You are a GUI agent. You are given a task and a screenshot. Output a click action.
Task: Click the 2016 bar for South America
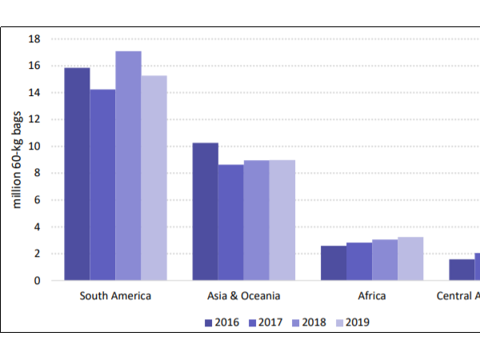point(77,174)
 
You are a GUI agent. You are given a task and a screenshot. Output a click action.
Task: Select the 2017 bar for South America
point(102,185)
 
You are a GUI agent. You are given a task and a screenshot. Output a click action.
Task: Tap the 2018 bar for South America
point(128,166)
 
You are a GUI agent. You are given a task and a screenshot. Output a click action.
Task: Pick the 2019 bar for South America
point(154,178)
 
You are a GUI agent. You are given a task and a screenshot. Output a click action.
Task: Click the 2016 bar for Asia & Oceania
point(206,211)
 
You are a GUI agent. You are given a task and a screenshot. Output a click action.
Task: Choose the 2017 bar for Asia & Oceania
point(231,222)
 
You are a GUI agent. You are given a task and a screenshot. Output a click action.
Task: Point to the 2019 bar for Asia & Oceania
point(282,220)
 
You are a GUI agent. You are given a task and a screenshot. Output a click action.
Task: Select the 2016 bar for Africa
point(334,263)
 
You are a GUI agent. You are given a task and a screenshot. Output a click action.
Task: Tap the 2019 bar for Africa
point(410,258)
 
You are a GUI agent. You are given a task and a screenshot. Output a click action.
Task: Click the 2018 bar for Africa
point(385,260)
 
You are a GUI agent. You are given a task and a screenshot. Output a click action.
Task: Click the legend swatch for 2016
point(209,323)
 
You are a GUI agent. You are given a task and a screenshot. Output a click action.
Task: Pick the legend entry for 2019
point(349,323)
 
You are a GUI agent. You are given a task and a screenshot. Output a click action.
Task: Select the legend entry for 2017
point(264,323)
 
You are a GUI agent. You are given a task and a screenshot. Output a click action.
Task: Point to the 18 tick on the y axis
point(34,38)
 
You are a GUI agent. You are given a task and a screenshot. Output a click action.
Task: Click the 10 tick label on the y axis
point(34,146)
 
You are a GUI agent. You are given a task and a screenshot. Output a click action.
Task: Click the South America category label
point(115,296)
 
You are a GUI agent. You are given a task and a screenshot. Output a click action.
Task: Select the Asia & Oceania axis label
point(244,296)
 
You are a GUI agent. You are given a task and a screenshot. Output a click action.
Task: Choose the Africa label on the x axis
point(372,296)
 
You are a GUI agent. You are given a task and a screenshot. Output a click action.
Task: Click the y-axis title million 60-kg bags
point(16,160)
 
